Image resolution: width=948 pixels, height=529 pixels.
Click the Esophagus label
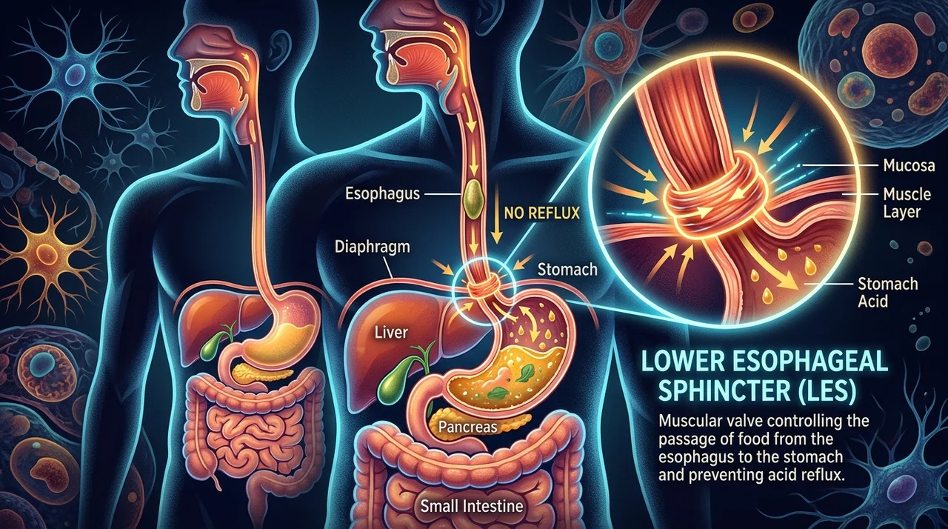coord(382,194)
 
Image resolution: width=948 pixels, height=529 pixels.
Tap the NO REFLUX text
coord(541,213)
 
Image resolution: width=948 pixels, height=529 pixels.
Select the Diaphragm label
coord(372,247)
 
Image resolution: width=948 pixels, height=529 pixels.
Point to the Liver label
coord(392,332)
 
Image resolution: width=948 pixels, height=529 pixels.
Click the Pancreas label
coord(467,427)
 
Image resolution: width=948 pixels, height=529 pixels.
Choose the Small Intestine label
coord(472,506)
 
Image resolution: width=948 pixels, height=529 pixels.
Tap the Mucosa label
coord(909,165)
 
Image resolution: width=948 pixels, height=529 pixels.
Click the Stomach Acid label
coord(887,293)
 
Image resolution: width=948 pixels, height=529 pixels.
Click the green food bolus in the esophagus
coord(473,199)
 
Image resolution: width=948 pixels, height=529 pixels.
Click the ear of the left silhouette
coord(280,47)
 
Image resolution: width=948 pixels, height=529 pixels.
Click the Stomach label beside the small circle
coord(567,270)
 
